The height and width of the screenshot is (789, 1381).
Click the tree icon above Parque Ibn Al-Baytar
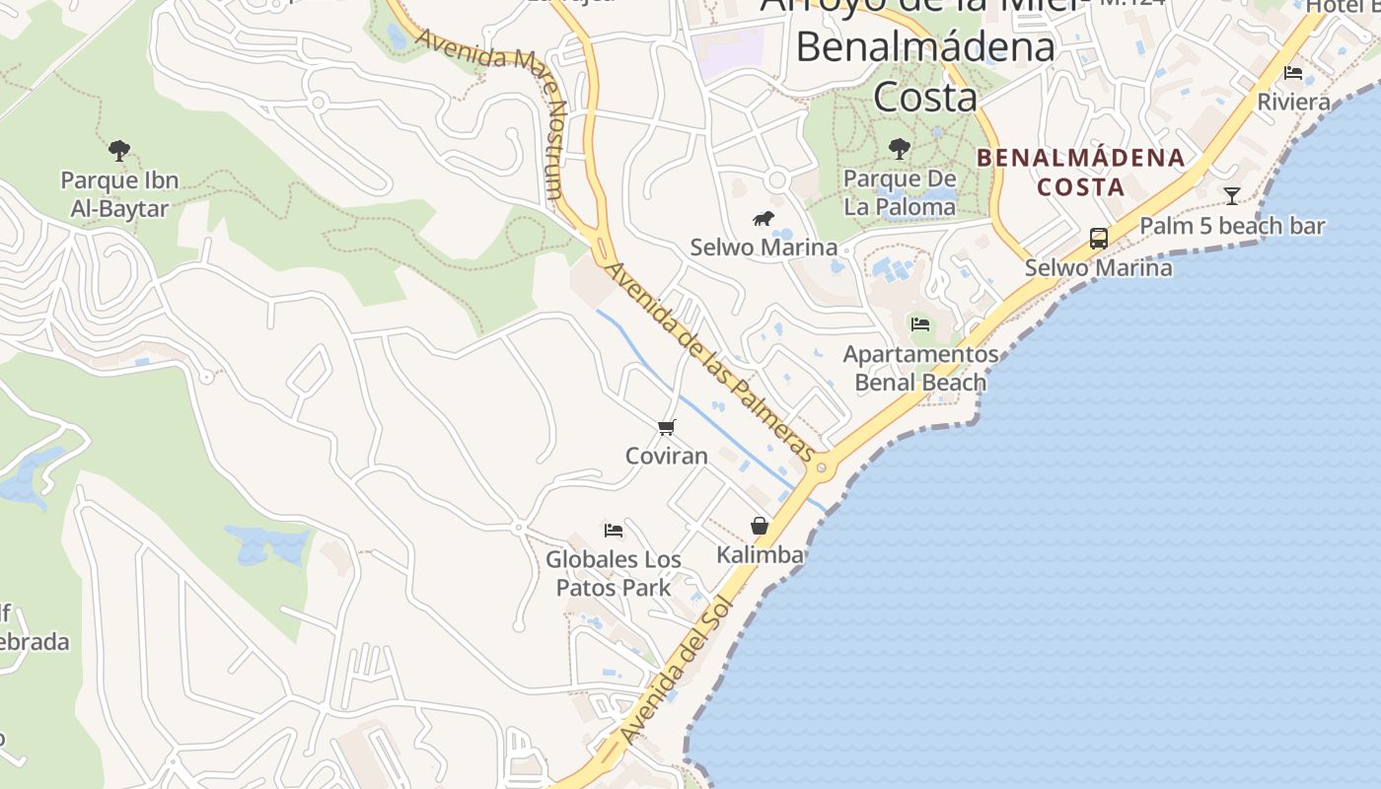coord(119,151)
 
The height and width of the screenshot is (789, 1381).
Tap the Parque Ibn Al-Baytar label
coord(119,194)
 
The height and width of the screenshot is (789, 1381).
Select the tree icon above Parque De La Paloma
coord(899,149)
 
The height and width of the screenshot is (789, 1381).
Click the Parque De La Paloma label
coord(900,193)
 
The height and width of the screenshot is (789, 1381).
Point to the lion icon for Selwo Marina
coord(763,219)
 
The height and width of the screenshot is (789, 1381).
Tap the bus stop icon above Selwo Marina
coord(1098,238)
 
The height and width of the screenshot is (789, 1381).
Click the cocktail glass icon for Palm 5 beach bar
coord(1231,195)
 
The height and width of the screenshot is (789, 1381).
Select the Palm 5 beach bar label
coord(1232,226)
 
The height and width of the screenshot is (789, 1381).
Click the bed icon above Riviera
coord(1293,73)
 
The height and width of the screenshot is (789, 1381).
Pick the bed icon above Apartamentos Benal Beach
coord(920,323)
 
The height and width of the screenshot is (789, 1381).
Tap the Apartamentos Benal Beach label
coord(920,368)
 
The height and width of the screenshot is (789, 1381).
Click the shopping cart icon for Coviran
coord(667,427)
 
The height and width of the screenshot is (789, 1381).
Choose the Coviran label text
coord(667,456)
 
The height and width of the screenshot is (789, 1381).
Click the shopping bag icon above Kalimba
coord(760,526)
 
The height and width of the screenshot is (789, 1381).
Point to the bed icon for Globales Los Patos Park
coord(614,531)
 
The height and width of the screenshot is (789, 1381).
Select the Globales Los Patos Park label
coord(614,573)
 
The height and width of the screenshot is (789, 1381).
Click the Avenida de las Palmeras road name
coord(710,361)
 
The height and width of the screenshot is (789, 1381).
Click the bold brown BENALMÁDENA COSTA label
coord(1081,172)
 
